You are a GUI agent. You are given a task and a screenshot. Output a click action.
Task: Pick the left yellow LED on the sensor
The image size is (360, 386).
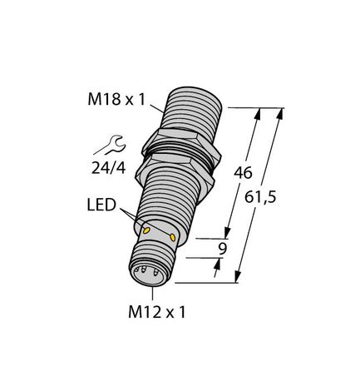click(147, 230)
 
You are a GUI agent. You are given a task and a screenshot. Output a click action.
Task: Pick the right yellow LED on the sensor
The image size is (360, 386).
click(174, 238)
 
